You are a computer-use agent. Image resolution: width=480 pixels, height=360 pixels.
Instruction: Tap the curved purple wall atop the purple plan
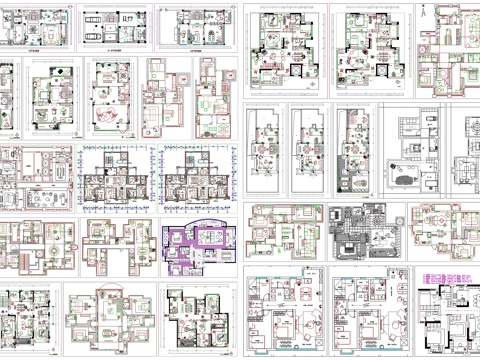tap(197, 223)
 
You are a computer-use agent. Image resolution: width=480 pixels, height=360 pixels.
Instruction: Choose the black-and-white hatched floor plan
tap(363, 232)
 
